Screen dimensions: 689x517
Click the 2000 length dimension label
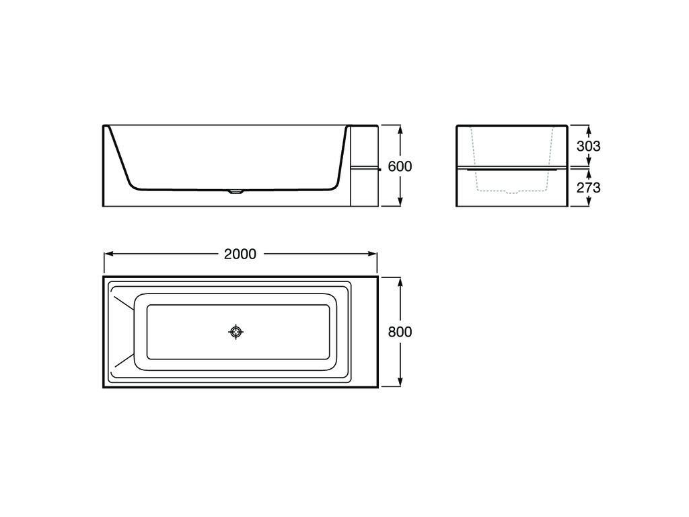point(240,254)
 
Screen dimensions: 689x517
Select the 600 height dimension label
point(400,166)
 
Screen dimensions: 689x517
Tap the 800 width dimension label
point(400,331)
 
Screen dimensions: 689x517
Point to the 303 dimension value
point(588,146)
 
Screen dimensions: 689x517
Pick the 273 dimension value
point(588,188)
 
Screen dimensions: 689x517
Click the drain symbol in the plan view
point(236,332)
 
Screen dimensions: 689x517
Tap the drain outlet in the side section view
point(236,192)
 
